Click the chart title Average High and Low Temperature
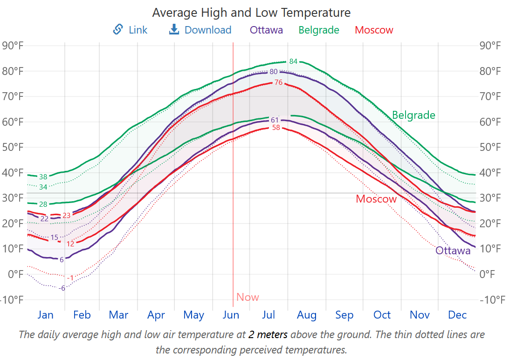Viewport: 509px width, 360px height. click(x=251, y=13)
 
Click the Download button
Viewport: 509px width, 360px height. click(x=200, y=30)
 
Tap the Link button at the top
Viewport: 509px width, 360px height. click(x=130, y=30)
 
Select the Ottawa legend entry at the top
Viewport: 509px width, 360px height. click(x=266, y=30)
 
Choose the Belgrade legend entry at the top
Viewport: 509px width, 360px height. click(x=319, y=30)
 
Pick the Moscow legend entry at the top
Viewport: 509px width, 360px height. click(x=374, y=30)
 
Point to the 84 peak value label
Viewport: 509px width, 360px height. click(x=293, y=61)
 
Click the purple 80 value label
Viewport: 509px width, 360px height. click(x=274, y=72)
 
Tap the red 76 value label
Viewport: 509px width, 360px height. click(x=279, y=82)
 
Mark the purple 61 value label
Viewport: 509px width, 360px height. click(x=275, y=120)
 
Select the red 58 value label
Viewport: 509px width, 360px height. click(x=276, y=128)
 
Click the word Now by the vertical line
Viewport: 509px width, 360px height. click(x=248, y=297)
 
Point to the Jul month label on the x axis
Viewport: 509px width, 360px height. click(x=268, y=315)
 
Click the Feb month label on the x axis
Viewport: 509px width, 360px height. click(x=82, y=315)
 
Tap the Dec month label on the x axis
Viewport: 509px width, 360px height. click(x=457, y=315)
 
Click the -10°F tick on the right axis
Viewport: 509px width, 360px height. click(x=492, y=299)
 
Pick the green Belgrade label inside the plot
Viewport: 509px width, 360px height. click(x=413, y=115)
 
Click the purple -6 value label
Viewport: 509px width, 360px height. click(x=62, y=288)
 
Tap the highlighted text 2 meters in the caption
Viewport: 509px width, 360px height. click(x=268, y=334)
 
